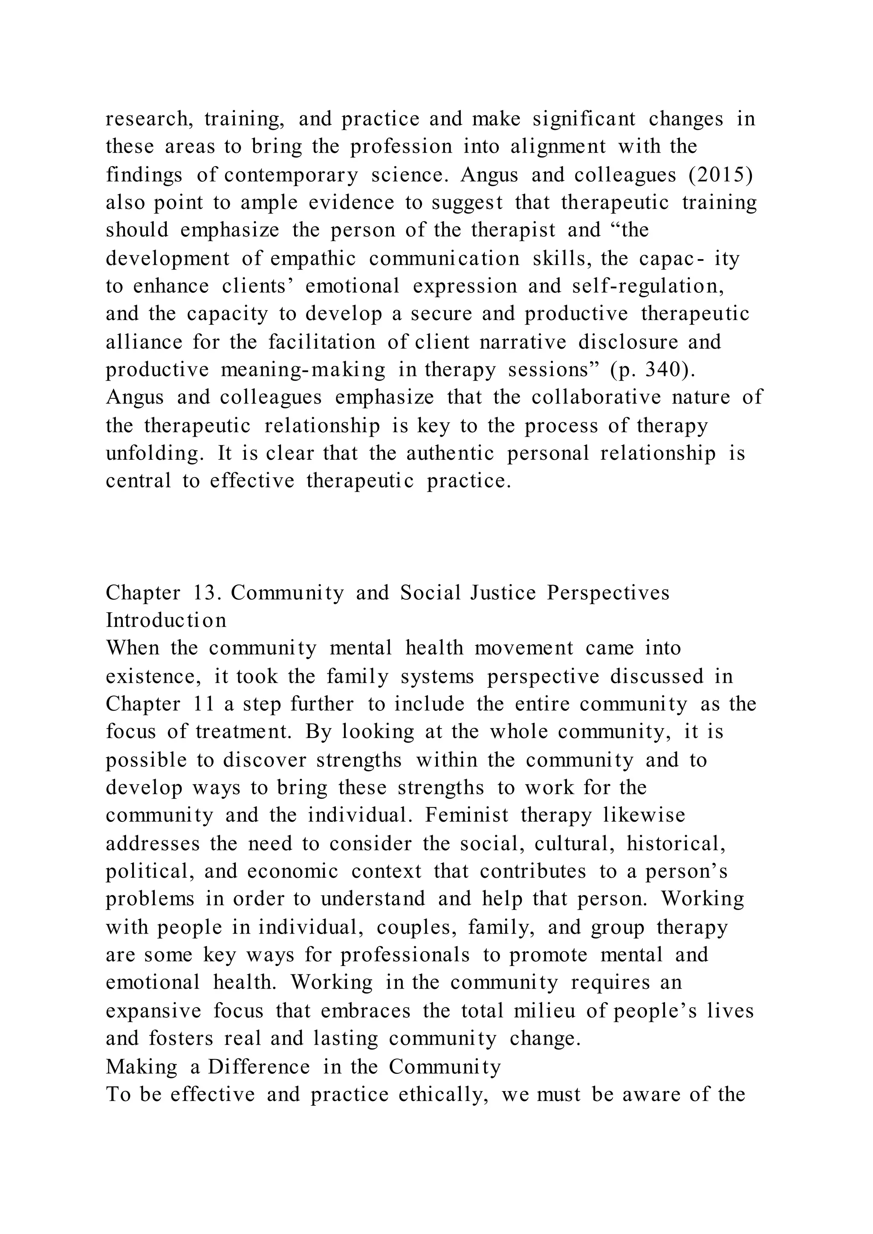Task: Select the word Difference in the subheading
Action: coord(259,1067)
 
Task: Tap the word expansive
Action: coord(153,1011)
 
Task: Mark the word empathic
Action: coord(313,259)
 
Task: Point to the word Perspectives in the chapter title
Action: coord(609,593)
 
